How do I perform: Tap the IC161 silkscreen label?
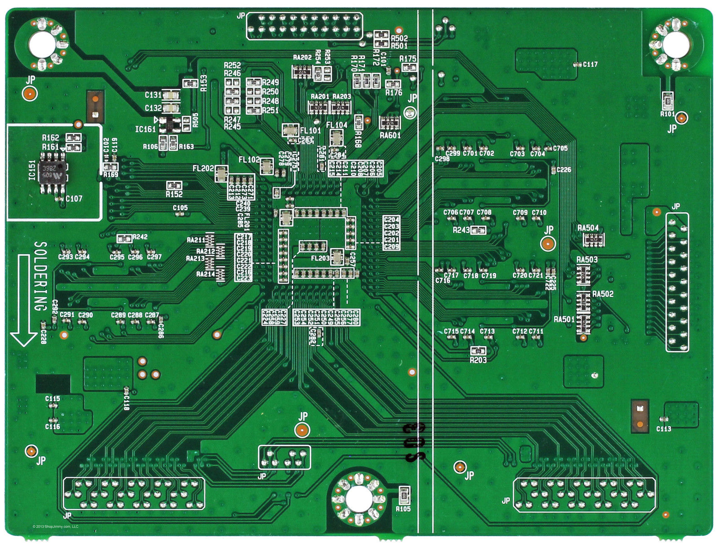click(145, 129)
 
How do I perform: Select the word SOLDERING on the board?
click(40, 276)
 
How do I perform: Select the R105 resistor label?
click(403, 509)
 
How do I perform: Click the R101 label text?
click(668, 114)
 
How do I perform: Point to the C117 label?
click(590, 65)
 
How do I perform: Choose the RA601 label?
click(390, 135)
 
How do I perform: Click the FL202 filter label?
click(203, 168)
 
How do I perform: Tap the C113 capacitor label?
click(664, 429)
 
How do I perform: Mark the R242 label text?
click(140, 237)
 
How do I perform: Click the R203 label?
click(478, 360)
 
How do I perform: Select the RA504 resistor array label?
click(588, 228)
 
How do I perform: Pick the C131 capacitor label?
click(153, 95)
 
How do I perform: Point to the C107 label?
click(74, 199)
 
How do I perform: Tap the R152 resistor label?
click(174, 194)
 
